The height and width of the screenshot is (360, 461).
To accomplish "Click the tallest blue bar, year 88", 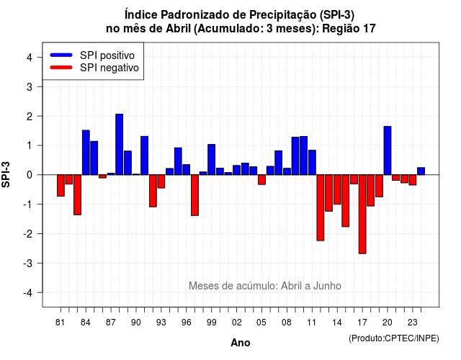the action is coord(119,144).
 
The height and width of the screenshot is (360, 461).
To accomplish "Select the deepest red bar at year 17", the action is coord(362,215).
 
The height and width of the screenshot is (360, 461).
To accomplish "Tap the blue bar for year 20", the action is coord(388,150).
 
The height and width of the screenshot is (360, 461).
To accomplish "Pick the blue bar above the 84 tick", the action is coord(86,153).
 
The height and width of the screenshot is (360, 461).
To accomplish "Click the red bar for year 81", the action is coord(61,186).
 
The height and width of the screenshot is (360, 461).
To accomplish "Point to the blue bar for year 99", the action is coord(211,160).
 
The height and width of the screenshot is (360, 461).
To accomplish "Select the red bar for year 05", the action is coord(261,179).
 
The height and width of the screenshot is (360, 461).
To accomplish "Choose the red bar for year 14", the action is coord(337,189).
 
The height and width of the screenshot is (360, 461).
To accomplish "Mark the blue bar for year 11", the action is coord(312,163).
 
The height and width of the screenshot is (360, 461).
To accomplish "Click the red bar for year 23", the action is coord(413,180).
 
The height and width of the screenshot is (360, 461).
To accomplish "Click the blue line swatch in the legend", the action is coord(61,55).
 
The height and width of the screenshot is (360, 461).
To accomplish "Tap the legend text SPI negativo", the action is coord(109,68).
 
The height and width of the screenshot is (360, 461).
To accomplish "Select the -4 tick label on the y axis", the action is coord(28,293).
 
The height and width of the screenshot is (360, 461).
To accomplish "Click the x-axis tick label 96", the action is coord(186,323).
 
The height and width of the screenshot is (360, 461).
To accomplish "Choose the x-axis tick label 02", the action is coord(237,323).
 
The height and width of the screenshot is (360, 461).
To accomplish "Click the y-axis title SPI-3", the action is coord(6,174).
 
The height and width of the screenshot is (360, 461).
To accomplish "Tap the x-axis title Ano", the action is coord(241,343).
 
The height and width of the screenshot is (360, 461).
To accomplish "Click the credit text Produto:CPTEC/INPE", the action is coord(394,338).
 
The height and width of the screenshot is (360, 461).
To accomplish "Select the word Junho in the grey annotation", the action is coord(327,286).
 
